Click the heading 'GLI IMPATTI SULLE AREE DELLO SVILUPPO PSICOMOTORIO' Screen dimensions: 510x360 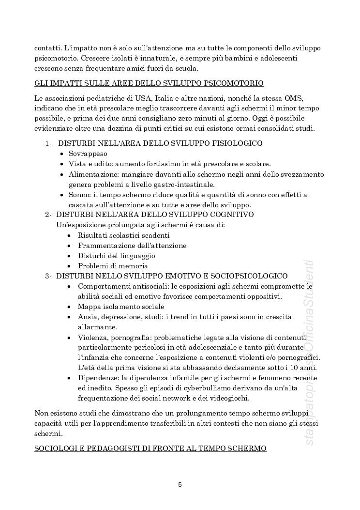coord(149,83)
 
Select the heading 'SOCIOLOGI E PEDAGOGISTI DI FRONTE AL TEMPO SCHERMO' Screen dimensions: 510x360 coord(150,448)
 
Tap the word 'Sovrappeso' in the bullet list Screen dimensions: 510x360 coord(88,154)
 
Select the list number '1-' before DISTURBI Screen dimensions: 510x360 coord(49,143)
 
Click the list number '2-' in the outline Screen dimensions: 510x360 coord(48,215)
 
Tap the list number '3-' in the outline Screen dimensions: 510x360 coord(48,276)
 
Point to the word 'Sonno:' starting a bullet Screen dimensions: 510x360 coord(80,195)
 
